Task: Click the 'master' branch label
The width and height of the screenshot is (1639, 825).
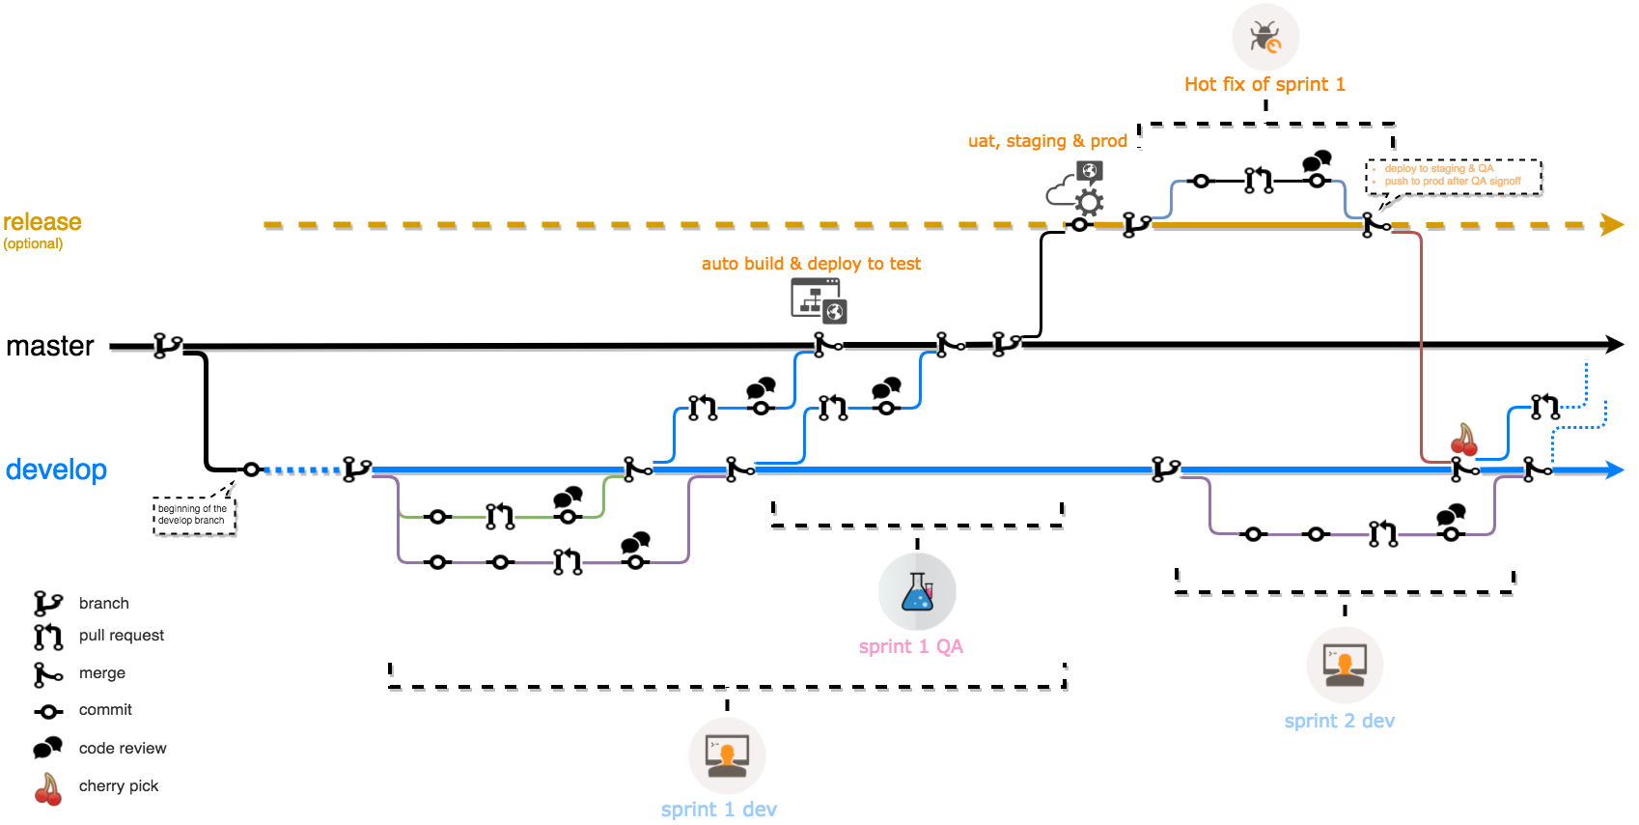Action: [50, 346]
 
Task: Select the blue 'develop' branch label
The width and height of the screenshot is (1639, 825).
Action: [56, 469]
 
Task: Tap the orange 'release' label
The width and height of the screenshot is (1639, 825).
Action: [42, 222]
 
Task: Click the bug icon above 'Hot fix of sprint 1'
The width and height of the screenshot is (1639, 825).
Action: [1265, 38]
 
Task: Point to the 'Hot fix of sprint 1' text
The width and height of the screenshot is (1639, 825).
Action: [1264, 84]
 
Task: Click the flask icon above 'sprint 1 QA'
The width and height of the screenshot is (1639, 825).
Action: [917, 591]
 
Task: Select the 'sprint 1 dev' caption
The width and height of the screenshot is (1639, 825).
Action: [718, 809]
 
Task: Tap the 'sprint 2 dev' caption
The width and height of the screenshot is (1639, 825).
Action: [1339, 721]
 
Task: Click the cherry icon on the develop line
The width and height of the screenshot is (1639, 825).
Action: [1464, 441]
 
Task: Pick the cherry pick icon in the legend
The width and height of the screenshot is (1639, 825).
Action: [48, 788]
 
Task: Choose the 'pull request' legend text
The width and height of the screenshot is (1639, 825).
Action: [122, 635]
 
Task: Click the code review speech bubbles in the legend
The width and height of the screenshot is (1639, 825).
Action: [47, 748]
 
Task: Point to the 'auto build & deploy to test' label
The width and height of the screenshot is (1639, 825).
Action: [811, 264]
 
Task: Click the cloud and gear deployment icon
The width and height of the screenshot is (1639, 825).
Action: [1077, 188]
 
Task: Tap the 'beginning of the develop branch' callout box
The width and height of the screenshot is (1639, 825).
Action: [194, 515]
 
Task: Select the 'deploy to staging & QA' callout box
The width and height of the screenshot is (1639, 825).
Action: [1453, 176]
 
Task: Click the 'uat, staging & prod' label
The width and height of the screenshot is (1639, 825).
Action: [1047, 141]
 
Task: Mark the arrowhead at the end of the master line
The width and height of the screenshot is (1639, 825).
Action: [1614, 344]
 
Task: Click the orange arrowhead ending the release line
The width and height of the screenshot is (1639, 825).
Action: [1611, 225]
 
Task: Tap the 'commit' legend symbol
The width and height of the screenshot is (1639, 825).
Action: [48, 711]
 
